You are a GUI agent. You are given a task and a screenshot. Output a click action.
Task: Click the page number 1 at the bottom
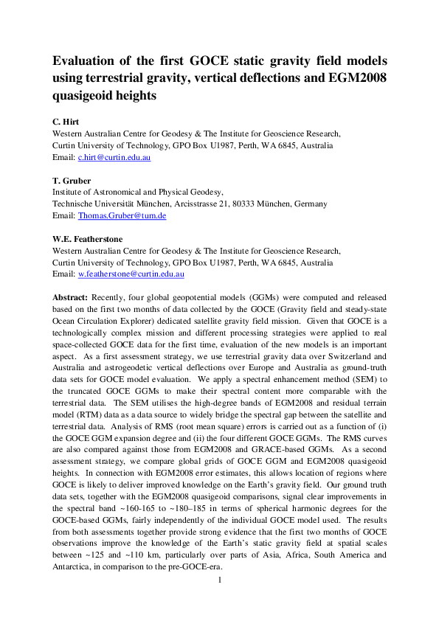tap(219, 580)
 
